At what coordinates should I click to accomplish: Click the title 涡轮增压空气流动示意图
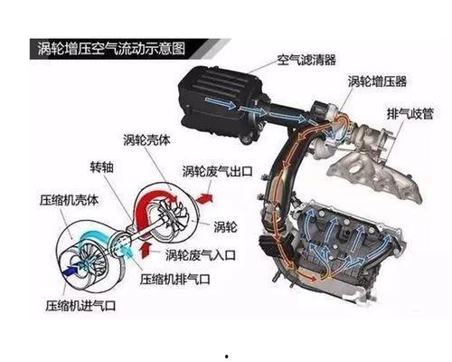(111, 49)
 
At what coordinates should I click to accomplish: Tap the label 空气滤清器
(306, 60)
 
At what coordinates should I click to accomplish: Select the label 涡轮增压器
(377, 81)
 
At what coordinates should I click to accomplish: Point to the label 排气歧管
(410, 114)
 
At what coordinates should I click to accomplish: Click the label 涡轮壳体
(146, 140)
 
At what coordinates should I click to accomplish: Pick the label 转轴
(102, 167)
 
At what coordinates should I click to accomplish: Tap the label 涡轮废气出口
(217, 171)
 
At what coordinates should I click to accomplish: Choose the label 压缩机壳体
(69, 200)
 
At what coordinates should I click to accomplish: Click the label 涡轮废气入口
(201, 255)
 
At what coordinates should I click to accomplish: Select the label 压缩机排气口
(174, 279)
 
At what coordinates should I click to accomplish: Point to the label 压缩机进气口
(80, 306)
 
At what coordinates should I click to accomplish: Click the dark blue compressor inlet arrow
(71, 270)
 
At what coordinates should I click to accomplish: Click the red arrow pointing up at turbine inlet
(146, 250)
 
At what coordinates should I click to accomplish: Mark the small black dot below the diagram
(226, 357)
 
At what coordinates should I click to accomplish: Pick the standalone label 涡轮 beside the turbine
(225, 226)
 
